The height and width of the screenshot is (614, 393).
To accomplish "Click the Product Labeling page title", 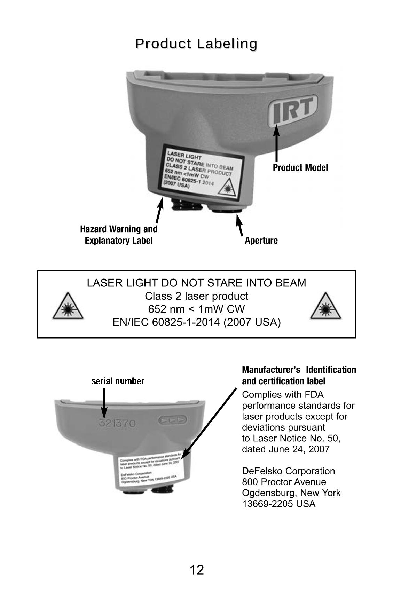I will coord(196,44).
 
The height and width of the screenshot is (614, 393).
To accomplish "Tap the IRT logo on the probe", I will coord(293,110).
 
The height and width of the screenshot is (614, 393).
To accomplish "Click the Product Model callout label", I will coord(300,168).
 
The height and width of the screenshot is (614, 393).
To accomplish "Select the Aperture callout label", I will coord(261,241).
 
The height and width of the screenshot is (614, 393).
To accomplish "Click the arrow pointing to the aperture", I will coord(239,225).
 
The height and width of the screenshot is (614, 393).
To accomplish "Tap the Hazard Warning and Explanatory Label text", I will coord(119,235).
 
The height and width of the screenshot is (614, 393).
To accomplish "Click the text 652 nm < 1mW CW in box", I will coord(196,309).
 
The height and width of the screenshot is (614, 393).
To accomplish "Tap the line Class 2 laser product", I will coord(196,296).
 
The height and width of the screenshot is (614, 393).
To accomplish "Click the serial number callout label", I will coord(118,381).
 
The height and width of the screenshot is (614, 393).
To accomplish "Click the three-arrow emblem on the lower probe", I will coord(172,420).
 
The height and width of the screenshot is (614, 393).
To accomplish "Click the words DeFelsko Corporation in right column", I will coord(288,471).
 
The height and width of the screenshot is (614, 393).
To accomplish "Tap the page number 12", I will coord(197,570).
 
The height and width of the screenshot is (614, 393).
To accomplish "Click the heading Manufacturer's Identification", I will coord(299,370).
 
